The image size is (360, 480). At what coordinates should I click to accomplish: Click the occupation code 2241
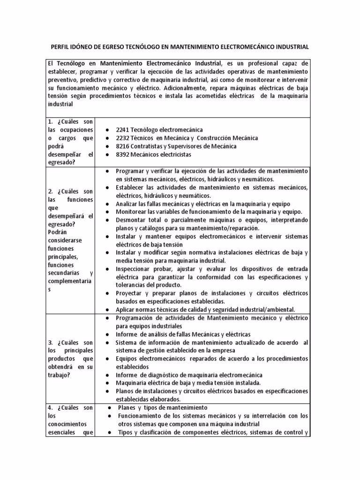pyautogui.click(x=123, y=129)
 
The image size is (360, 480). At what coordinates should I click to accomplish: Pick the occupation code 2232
pyautogui.click(x=123, y=138)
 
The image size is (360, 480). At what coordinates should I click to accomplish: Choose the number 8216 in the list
pyautogui.click(x=123, y=146)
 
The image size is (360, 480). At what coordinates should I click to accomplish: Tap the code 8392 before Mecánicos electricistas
pyautogui.click(x=123, y=155)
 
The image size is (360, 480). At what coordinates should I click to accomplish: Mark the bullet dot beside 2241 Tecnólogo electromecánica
pyautogui.click(x=108, y=129)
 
